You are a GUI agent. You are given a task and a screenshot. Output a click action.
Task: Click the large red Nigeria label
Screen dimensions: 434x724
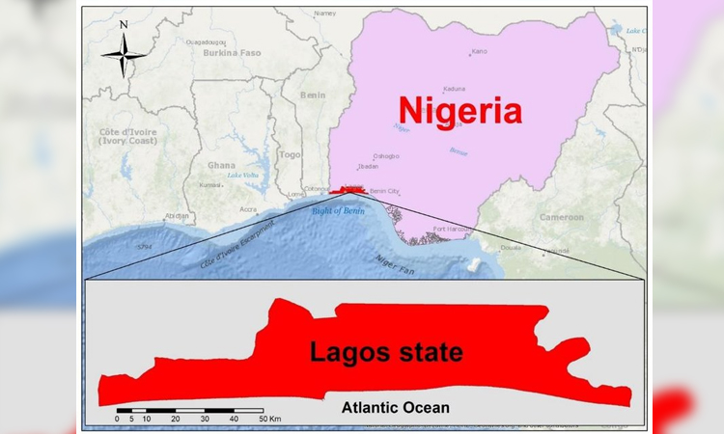click(459, 111)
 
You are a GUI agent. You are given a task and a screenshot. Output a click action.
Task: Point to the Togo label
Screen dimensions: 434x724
click(290, 153)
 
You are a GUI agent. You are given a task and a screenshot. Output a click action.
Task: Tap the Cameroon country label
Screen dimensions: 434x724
click(561, 217)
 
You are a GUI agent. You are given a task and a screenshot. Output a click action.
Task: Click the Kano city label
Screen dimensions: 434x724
click(479, 51)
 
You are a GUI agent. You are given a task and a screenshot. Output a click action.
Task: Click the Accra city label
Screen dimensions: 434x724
click(248, 208)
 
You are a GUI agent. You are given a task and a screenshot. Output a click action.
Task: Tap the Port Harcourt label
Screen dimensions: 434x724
click(452, 229)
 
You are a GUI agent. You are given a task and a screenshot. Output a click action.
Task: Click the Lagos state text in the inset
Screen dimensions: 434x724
click(385, 352)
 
